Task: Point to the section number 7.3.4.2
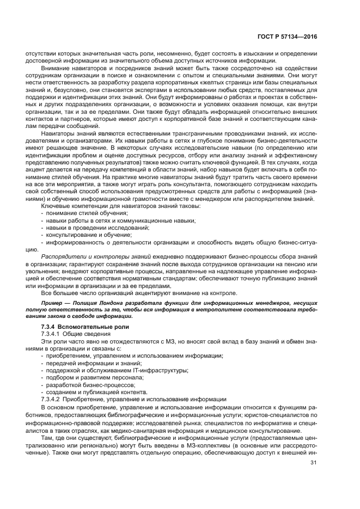(x=52, y=398)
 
